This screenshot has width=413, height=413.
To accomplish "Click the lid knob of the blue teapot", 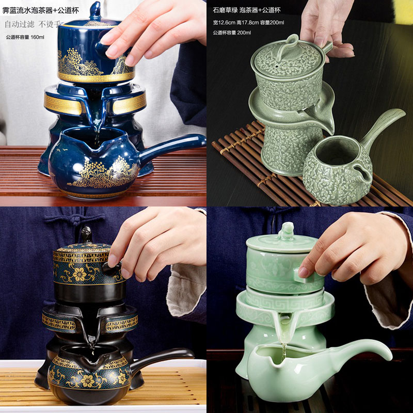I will pos(95,10).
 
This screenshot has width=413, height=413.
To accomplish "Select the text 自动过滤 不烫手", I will pos(33,24).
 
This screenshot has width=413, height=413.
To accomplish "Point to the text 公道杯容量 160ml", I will pos(26,37).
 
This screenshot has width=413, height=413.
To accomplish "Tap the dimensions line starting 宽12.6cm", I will pos(248,22).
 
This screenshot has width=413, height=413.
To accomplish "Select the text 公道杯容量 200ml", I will pos(232,33).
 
